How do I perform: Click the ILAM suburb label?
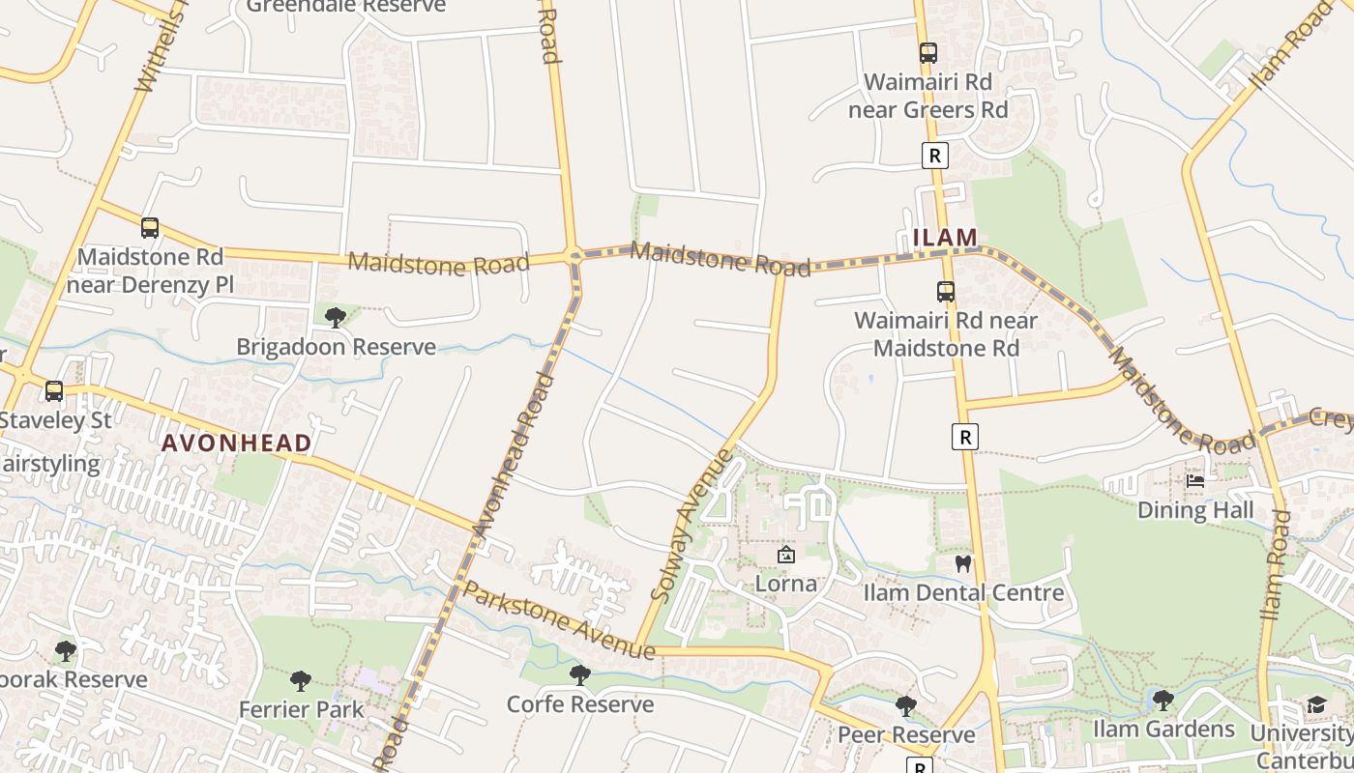tap(945, 237)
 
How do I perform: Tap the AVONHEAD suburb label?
tap(236, 444)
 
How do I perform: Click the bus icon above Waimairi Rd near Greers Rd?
tap(928, 53)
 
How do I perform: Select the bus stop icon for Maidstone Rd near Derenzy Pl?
tap(150, 228)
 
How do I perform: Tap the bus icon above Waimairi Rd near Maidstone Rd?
tap(946, 291)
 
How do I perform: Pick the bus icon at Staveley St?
tap(54, 391)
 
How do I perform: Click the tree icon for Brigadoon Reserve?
tap(336, 317)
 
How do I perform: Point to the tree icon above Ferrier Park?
tap(301, 680)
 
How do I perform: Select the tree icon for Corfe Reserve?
tap(580, 674)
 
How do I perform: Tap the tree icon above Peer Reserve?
tap(906, 705)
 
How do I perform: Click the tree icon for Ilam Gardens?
tap(1163, 699)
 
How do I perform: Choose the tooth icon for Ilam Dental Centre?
tap(962, 563)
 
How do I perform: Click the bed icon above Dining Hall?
tap(1195, 480)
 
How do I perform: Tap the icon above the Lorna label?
tap(786, 555)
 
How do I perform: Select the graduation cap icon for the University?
tap(1316, 704)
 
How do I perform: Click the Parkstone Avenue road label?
tap(559, 621)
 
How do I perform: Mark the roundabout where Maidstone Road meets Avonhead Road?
tap(575, 257)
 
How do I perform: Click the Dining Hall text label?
tap(1195, 509)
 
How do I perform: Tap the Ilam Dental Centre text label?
tap(963, 592)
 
